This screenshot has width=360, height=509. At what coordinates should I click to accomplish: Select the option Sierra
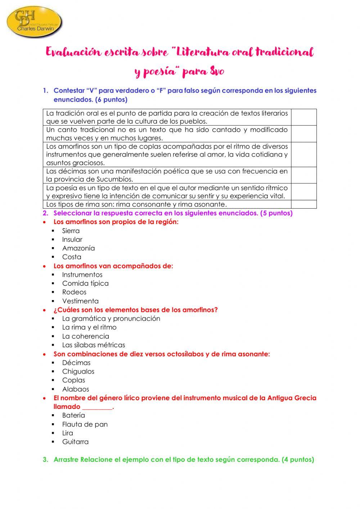pos(71,231)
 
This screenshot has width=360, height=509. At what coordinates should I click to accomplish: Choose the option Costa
pos(72,257)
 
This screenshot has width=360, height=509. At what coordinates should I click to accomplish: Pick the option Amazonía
pos(78,248)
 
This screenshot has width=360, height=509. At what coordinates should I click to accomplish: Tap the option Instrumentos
pos(82,275)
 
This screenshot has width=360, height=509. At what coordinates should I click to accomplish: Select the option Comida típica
pos(85,283)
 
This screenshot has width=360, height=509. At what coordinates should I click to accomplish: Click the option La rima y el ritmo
pos(89,327)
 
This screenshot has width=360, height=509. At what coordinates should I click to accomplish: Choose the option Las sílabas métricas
pos(94,345)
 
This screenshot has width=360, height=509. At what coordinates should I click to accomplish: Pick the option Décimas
pos(76,363)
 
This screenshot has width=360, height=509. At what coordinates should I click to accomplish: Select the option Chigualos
pos(78,371)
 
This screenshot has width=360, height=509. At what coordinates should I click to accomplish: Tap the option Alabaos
pos(76,389)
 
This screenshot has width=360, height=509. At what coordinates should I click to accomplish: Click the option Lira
pos(68,433)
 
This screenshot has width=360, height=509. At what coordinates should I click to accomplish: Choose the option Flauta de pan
pos(85,424)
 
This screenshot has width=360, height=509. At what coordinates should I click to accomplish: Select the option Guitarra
pos(75,442)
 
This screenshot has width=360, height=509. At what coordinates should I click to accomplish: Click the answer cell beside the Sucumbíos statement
pos(304,175)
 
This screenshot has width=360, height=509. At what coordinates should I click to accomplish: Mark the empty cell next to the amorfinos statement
pos(304,155)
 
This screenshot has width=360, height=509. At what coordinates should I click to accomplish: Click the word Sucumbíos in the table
pos(114,179)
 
